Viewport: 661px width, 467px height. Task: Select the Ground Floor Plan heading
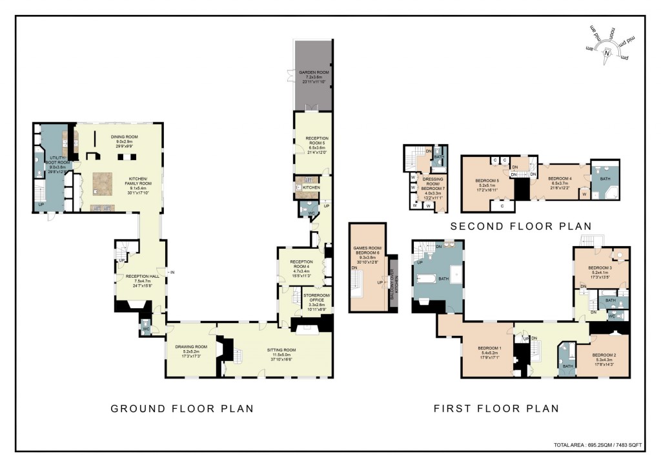pos(182,408)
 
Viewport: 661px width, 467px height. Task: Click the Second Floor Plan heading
pos(520,226)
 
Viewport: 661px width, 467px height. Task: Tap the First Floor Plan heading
pos(496,408)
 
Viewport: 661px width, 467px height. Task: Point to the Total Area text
pos(598,445)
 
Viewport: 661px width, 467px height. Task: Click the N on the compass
pos(606,55)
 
